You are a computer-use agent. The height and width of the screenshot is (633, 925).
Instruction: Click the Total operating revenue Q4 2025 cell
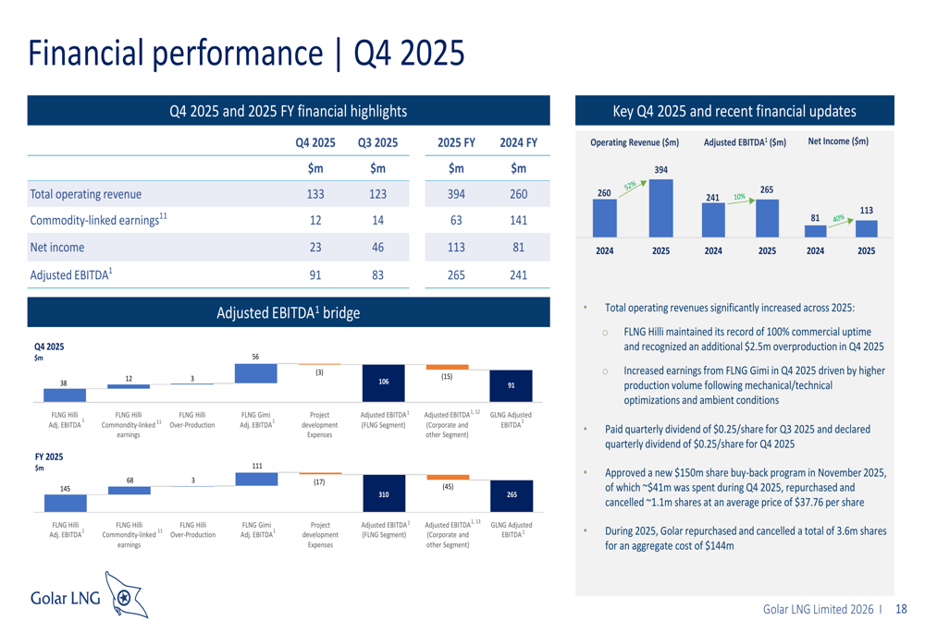coord(315,194)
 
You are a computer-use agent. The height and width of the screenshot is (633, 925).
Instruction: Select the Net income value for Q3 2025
coord(376,247)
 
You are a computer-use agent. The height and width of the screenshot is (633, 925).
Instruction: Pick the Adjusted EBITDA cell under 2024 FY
coord(518,274)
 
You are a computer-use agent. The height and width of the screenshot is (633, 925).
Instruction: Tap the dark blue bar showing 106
coord(383,383)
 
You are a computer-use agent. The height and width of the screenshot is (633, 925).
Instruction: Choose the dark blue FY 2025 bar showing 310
coord(383,494)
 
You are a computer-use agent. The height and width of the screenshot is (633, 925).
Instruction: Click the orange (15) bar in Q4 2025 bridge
coord(447,367)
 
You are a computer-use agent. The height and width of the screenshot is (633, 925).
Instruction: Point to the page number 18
coord(901,610)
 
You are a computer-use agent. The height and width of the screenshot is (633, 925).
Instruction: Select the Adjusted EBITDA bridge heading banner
coord(287,312)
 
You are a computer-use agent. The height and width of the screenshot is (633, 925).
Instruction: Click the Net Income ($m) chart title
coord(838,141)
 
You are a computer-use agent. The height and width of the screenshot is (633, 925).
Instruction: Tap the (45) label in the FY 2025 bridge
coord(447,487)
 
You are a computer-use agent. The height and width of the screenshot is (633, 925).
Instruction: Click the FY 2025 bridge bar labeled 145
coord(64,502)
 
